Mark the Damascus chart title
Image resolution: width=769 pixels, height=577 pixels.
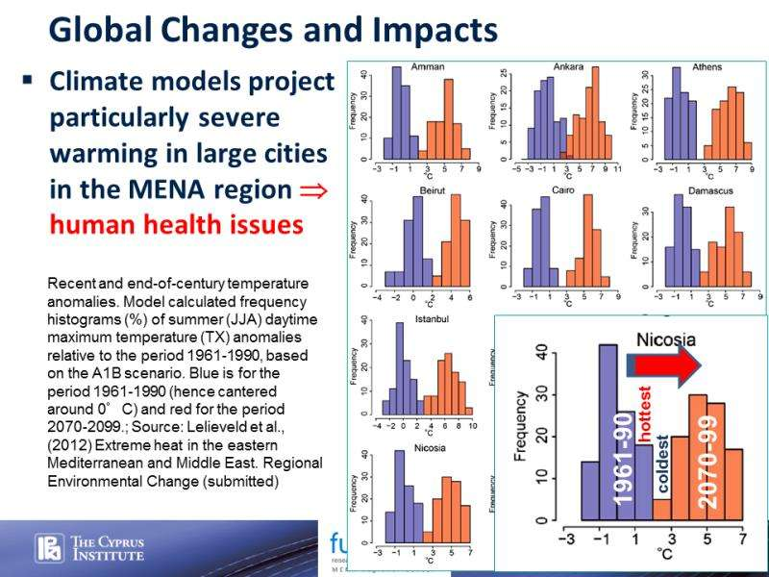[710, 192]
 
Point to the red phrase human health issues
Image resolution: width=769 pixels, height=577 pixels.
[176, 223]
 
